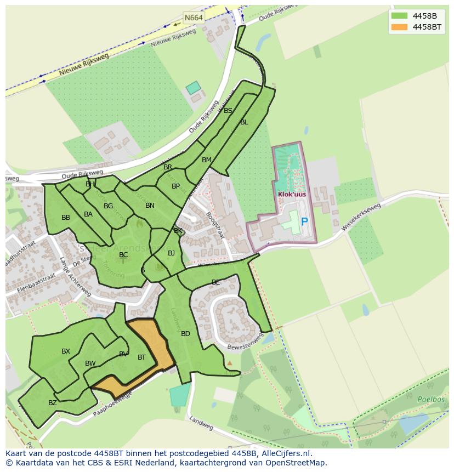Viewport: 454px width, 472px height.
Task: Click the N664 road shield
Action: (194, 18)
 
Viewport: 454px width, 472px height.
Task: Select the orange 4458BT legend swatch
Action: (399, 27)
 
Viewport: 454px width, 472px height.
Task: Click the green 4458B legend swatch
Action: (399, 15)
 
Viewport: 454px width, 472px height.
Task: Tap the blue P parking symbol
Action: (304, 223)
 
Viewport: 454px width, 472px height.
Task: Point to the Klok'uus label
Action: (291, 194)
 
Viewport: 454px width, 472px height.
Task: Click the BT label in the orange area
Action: (141, 357)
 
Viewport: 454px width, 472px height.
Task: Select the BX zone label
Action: (66, 351)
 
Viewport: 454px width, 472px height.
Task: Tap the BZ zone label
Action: (53, 403)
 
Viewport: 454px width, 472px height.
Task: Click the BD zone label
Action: (185, 334)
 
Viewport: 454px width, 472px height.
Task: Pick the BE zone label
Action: (215, 282)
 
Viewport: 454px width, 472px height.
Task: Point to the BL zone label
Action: (244, 122)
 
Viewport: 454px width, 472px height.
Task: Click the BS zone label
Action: (228, 111)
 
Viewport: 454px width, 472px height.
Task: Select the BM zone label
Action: (206, 160)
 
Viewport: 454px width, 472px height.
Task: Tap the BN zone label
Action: (150, 206)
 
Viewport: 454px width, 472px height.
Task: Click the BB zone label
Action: (66, 218)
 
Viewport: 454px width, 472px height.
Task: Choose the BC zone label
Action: (123, 255)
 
